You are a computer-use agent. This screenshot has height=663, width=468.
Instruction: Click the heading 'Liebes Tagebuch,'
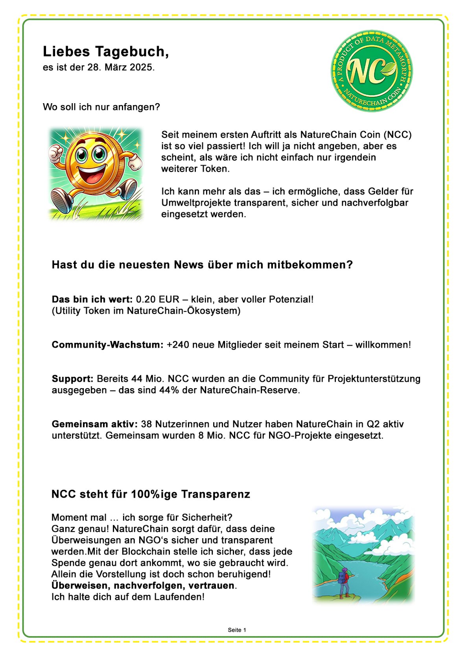(106, 52)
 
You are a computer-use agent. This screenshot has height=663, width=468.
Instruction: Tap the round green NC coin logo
(371, 71)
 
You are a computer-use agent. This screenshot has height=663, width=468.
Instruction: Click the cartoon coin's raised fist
(55, 153)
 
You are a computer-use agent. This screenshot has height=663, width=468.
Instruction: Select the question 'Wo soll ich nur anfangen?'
(101, 107)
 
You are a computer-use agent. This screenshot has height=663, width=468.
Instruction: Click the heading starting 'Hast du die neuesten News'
(202, 265)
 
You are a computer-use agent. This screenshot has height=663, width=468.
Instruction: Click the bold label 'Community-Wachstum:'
(107, 345)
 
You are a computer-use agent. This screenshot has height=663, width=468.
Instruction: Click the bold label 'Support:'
(72, 379)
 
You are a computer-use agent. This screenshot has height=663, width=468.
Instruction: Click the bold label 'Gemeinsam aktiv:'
(94, 424)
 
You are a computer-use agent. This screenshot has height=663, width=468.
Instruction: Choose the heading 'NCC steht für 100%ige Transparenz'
(151, 494)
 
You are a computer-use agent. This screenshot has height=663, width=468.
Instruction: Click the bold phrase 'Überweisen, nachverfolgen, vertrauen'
(143, 585)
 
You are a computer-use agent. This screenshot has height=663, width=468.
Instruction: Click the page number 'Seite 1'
(237, 630)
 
